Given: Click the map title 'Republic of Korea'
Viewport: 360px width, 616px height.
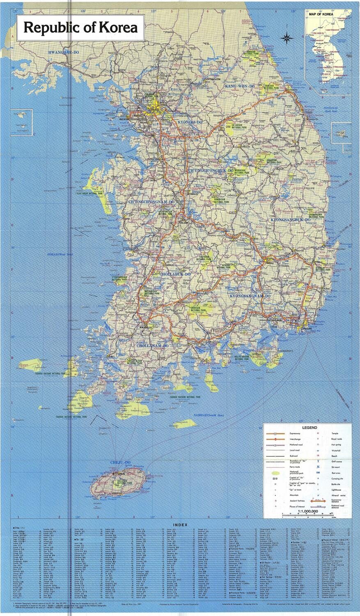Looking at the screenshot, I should (80, 28).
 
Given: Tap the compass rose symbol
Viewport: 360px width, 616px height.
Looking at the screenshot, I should (286, 39).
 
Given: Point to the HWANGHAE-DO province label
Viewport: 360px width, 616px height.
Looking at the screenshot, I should (65, 53).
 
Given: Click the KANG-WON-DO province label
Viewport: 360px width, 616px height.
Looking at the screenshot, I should (240, 86).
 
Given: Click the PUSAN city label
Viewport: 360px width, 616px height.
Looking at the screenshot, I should (307, 329).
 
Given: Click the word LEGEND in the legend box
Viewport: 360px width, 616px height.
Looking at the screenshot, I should (309, 428).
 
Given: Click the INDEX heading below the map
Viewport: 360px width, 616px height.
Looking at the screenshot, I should (180, 525).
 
